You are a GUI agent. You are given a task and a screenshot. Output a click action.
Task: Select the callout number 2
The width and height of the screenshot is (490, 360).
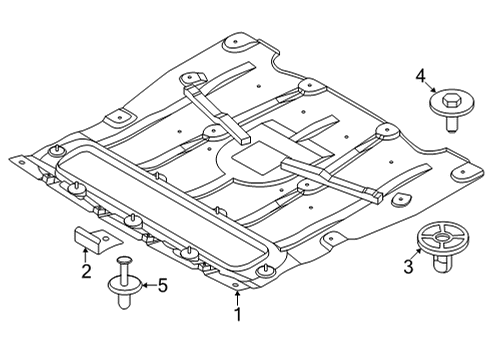(x=85, y=271)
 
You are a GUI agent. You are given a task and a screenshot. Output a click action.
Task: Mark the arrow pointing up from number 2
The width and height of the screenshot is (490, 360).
(x=86, y=255)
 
